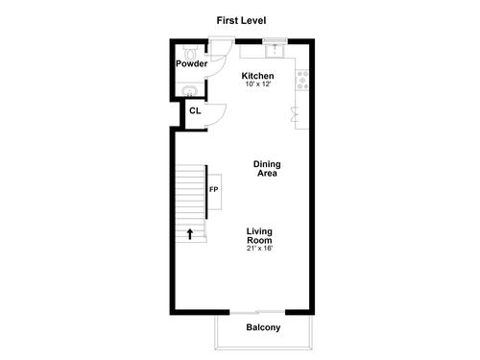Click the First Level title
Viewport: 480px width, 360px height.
point(241,20)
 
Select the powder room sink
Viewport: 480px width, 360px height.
point(190,91)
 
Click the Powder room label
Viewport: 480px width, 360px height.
point(192,63)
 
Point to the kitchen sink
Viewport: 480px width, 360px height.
point(275,51)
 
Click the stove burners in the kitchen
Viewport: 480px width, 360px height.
point(302,80)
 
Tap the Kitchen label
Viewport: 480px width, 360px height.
point(257,76)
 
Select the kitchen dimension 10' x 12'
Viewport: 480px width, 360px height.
point(258,84)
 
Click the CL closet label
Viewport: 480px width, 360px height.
point(195,110)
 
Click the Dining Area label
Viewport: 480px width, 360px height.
point(267,169)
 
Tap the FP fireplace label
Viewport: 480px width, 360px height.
point(214,190)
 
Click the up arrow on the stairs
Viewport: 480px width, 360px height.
point(190,234)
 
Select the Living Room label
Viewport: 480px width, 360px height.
point(259,235)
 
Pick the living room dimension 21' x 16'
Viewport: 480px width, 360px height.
point(259,249)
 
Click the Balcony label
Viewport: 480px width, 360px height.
point(263,327)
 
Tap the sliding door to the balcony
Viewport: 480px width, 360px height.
point(257,312)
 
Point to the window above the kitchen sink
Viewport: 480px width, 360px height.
point(275,40)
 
